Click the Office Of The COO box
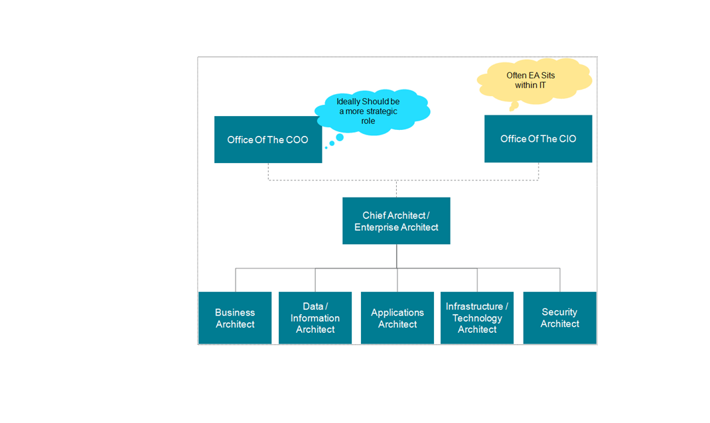(x=267, y=140)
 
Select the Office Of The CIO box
(x=538, y=139)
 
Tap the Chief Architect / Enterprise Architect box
(x=396, y=221)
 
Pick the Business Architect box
(x=235, y=318)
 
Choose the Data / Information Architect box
(x=315, y=318)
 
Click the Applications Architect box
(x=397, y=318)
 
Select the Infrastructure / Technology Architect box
(x=477, y=318)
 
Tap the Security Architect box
(x=559, y=318)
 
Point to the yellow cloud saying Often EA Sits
(x=534, y=80)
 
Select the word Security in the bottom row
(x=559, y=312)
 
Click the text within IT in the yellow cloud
(x=530, y=86)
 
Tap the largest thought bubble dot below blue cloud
(x=340, y=138)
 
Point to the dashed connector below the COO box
(x=268, y=171)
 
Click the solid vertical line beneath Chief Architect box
(x=397, y=256)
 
